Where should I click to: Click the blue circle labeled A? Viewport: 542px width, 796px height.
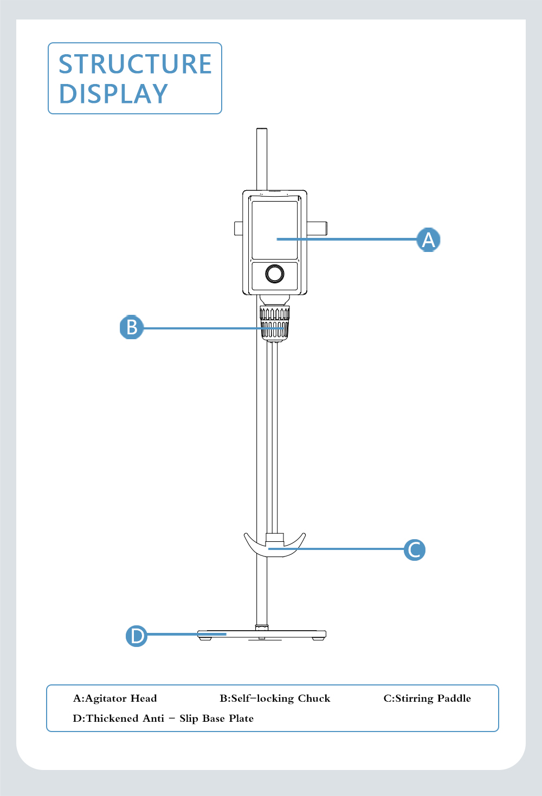pyautogui.click(x=428, y=240)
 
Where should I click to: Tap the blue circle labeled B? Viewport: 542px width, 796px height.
pyautogui.click(x=132, y=327)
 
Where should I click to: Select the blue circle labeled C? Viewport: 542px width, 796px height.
pyautogui.click(x=415, y=550)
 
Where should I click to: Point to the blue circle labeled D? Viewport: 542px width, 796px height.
pyautogui.click(x=137, y=636)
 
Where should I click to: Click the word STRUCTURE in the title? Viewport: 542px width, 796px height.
pyautogui.click(x=135, y=64)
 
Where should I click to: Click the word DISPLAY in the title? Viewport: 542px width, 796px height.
pyautogui.click(x=113, y=94)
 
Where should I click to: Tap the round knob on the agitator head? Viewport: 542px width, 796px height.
pyautogui.click(x=275, y=274)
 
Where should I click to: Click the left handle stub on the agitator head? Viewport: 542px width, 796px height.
pyautogui.click(x=238, y=229)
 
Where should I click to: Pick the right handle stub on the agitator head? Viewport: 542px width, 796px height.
pyautogui.click(x=317, y=228)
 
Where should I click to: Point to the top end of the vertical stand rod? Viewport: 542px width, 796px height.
pyautogui.click(x=262, y=129)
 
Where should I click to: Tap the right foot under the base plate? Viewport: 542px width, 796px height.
pyautogui.click(x=319, y=638)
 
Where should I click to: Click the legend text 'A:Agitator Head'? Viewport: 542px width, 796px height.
pyautogui.click(x=115, y=698)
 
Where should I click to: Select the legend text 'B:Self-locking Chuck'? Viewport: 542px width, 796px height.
pyautogui.click(x=275, y=698)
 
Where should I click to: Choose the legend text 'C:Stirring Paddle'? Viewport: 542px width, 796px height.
pyautogui.click(x=427, y=698)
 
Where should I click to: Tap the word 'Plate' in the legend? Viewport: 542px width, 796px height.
pyautogui.click(x=241, y=719)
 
